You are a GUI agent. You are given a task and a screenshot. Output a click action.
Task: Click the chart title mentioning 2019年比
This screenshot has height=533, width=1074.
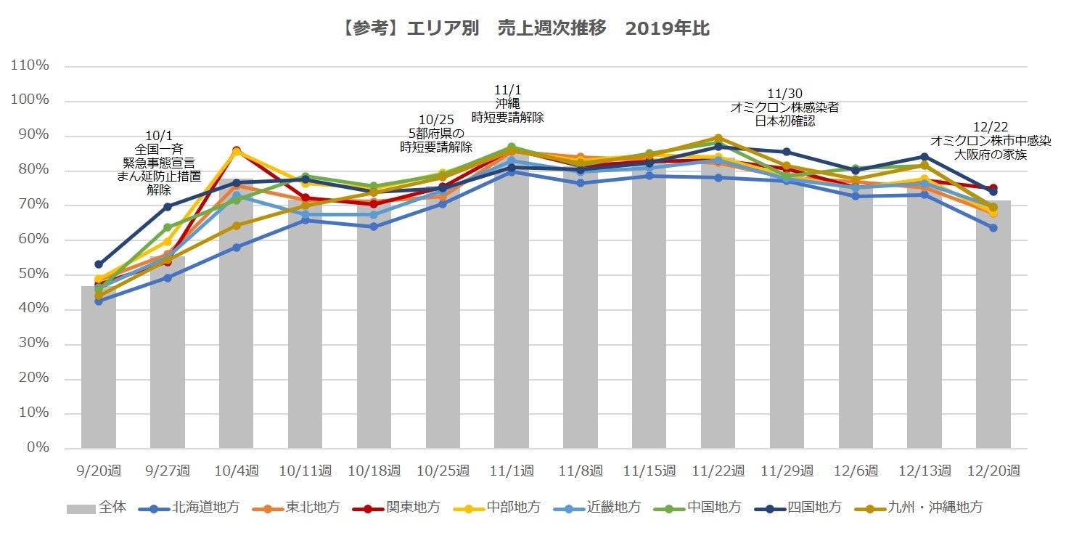[524, 29]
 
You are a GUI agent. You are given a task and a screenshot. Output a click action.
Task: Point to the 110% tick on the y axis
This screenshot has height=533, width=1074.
[30, 66]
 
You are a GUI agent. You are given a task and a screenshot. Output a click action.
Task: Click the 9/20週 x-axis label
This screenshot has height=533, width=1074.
[98, 471]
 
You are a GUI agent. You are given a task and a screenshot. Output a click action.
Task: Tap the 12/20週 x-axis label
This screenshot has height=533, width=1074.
[993, 471]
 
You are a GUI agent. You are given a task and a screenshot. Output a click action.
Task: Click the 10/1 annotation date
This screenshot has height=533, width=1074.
[159, 135]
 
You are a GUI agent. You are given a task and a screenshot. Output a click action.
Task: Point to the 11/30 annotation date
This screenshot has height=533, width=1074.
[784, 94]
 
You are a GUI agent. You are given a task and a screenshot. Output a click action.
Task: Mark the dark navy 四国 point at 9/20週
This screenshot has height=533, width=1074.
[99, 264]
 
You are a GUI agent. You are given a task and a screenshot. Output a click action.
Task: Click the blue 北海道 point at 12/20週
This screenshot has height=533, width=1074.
[993, 228]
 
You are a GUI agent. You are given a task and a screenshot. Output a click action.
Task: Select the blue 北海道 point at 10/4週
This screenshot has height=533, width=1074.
[237, 248]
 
